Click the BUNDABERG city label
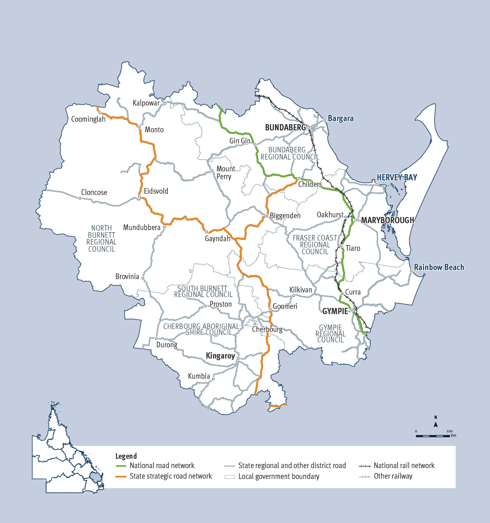(x=285, y=128)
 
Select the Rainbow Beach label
(x=439, y=267)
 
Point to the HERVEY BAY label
(x=397, y=178)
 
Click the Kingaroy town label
(x=220, y=356)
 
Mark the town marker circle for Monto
(x=139, y=127)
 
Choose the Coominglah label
(x=88, y=119)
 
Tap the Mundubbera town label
(x=142, y=228)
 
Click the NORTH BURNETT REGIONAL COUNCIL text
(x=101, y=238)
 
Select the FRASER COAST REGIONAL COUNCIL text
(x=315, y=245)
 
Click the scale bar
(x=433, y=436)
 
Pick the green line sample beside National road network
(x=121, y=466)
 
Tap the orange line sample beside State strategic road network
(x=121, y=476)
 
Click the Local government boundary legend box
(x=229, y=477)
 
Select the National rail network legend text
(x=404, y=466)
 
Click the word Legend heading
(x=126, y=456)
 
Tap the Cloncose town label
(x=94, y=192)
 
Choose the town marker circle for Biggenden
(x=267, y=216)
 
